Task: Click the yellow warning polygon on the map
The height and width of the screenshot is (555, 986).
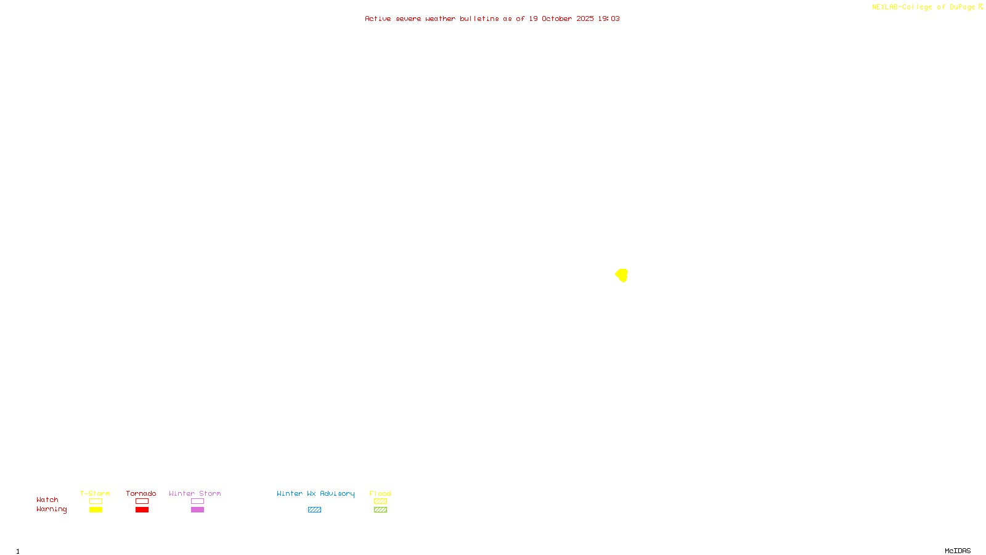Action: tap(622, 275)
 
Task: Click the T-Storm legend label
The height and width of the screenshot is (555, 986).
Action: tap(95, 493)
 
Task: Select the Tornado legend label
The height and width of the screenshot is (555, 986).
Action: tap(141, 493)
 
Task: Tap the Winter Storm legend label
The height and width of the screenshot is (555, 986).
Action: tap(195, 493)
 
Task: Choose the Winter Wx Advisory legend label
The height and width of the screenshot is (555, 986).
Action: tap(316, 493)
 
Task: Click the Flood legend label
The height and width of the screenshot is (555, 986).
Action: tap(380, 493)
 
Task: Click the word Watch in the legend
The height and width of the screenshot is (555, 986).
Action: tap(47, 499)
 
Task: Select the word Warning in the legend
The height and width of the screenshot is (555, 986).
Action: tap(51, 509)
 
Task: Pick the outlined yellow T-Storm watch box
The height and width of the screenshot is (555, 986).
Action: tap(96, 501)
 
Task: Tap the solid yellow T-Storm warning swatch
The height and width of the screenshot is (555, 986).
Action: tap(96, 510)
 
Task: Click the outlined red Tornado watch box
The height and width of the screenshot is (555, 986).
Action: tap(142, 501)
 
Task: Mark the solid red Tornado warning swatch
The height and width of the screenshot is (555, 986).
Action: tap(142, 510)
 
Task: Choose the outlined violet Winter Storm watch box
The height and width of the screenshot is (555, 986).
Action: tap(197, 501)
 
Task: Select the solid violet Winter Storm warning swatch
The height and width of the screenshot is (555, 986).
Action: tap(197, 510)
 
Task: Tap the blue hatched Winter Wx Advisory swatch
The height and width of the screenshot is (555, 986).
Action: tap(314, 510)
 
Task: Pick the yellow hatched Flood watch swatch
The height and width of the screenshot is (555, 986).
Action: tap(380, 501)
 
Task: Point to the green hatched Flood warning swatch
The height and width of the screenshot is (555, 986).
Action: tap(380, 510)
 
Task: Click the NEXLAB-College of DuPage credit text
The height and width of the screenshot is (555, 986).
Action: tap(924, 7)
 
